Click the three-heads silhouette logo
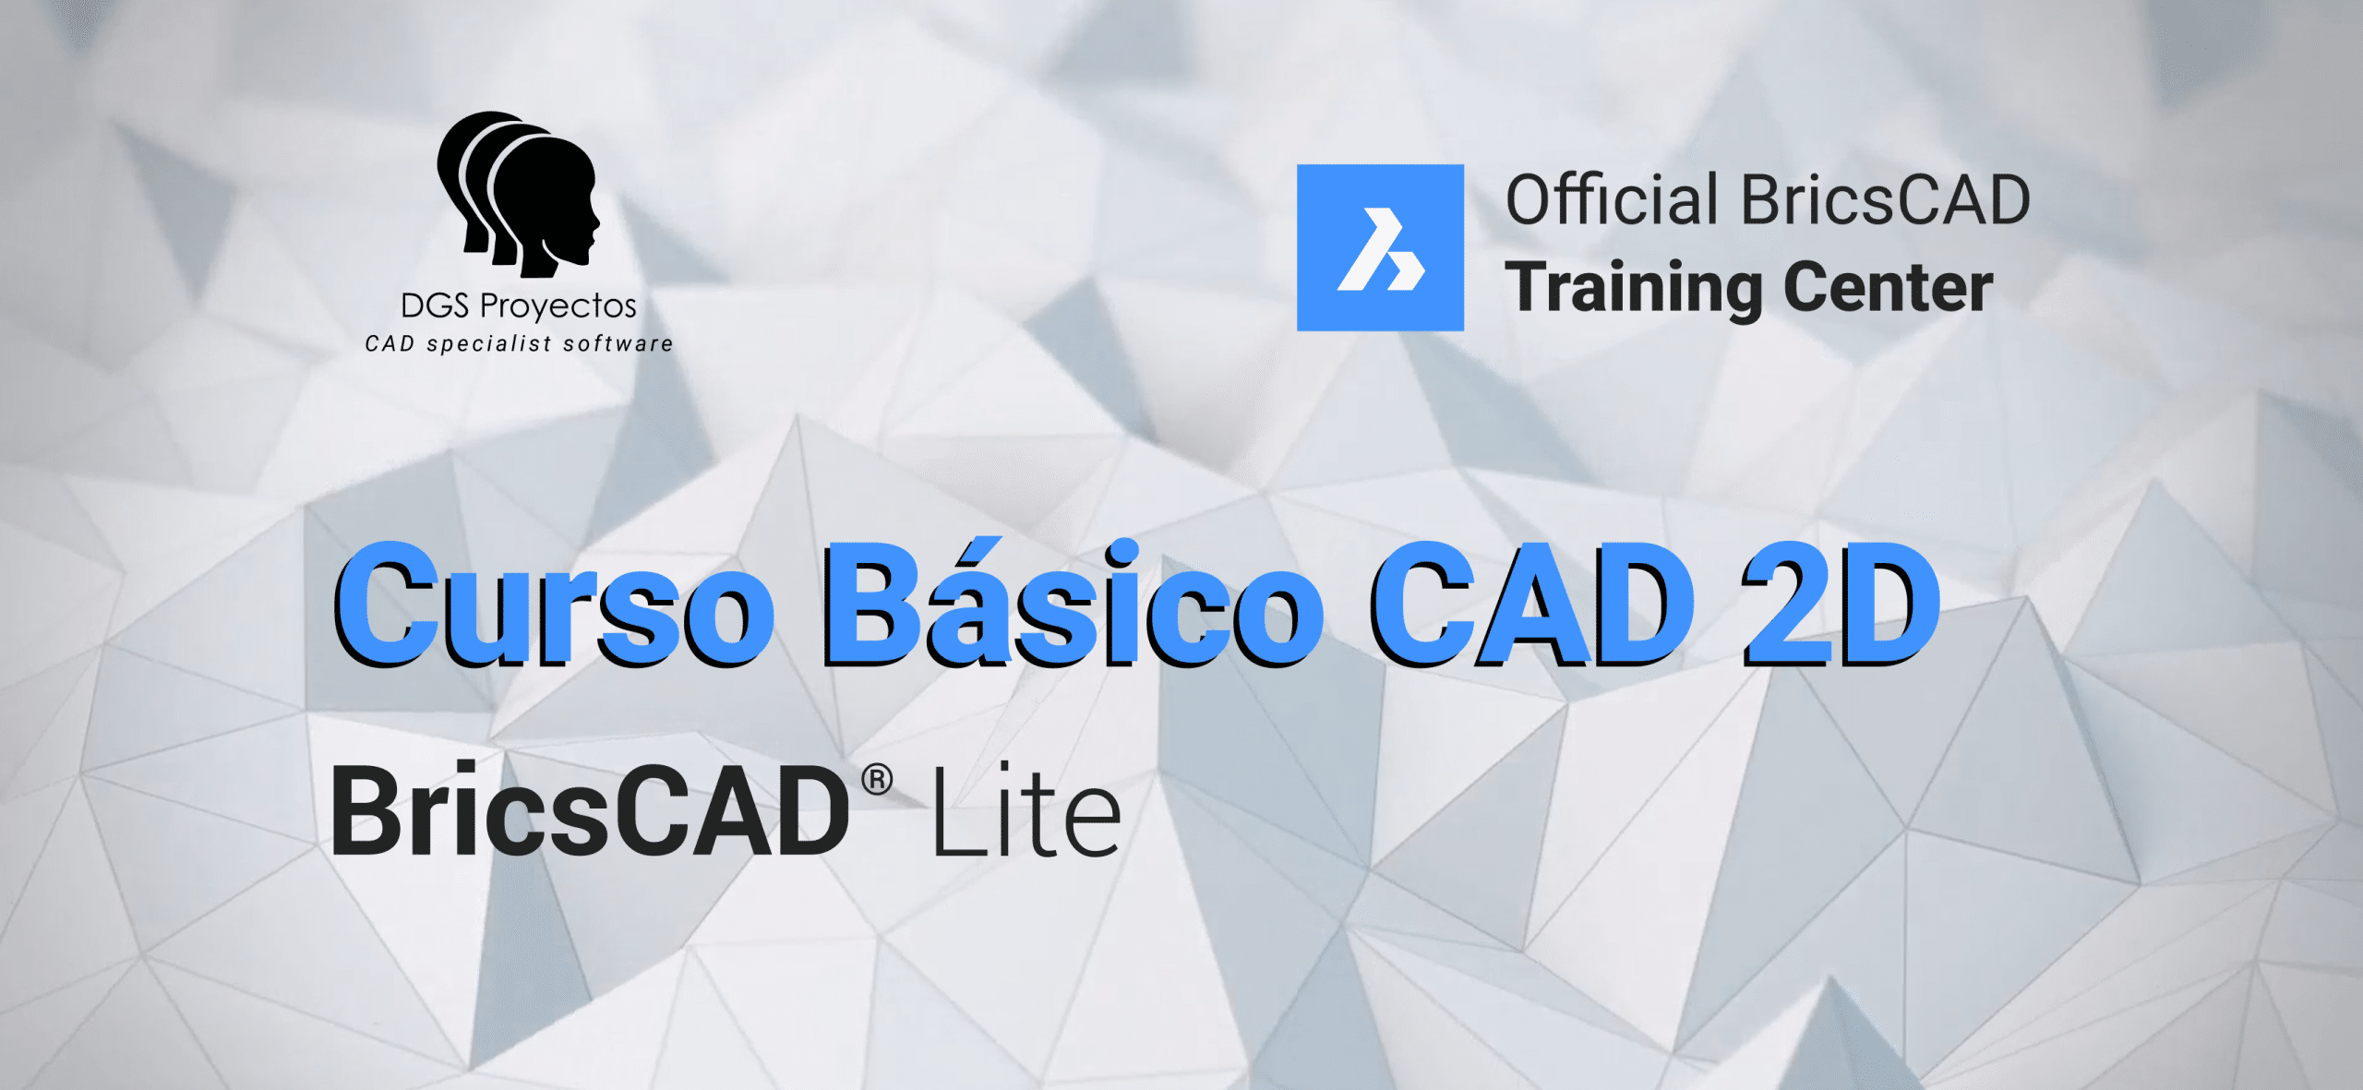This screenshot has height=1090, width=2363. click(518, 194)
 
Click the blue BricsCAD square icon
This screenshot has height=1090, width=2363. click(1380, 247)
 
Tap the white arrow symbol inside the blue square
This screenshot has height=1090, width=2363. click(1381, 249)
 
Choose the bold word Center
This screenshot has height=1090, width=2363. click(1888, 287)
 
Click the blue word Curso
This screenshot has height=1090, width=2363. click(554, 604)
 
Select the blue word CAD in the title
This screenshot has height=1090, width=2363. click(1532, 604)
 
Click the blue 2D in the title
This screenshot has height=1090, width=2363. click(1841, 604)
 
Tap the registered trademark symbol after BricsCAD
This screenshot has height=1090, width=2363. click(877, 781)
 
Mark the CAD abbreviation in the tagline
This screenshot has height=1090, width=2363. click(390, 344)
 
